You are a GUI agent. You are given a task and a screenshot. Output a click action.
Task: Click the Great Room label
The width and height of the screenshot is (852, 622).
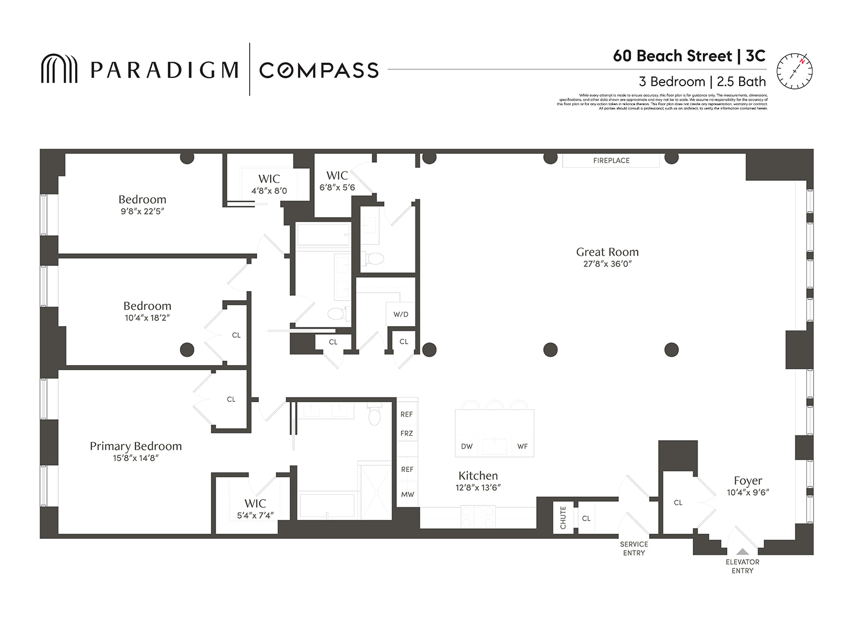pyautogui.click(x=607, y=252)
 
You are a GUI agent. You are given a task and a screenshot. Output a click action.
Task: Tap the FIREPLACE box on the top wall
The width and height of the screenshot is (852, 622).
pyautogui.click(x=611, y=160)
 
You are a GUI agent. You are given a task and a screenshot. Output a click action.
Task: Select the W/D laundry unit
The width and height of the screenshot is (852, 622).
pyautogui.click(x=400, y=314)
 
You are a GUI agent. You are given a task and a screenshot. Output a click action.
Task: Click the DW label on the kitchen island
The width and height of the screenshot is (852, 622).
pyautogui.click(x=466, y=446)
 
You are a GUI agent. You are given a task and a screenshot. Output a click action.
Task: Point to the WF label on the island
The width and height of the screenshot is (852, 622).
pyautogui.click(x=522, y=446)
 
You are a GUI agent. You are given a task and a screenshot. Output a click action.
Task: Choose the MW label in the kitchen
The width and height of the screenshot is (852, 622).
pyautogui.click(x=407, y=494)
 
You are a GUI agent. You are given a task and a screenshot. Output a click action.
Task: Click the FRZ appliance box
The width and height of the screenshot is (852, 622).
pyautogui.click(x=407, y=433)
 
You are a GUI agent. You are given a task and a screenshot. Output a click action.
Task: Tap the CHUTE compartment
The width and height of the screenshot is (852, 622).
pyautogui.click(x=563, y=517)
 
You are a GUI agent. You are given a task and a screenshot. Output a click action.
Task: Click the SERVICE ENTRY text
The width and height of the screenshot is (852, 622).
pyautogui.click(x=634, y=549)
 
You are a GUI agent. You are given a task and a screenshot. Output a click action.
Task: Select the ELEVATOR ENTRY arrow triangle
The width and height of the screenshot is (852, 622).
pyautogui.click(x=742, y=552)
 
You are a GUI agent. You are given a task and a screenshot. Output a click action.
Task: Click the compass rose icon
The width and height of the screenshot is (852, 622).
pyautogui.click(x=794, y=71)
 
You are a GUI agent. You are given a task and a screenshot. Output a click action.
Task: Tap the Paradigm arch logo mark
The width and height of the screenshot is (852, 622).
pyautogui.click(x=59, y=69)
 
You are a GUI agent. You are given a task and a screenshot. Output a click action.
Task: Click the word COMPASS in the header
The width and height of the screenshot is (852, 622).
pyautogui.click(x=318, y=70)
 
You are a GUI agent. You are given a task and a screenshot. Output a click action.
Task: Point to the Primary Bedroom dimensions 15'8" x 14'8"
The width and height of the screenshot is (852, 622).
pyautogui.click(x=136, y=458)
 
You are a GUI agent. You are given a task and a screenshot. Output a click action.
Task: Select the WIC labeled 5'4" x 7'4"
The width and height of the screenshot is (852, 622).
pyautogui.click(x=255, y=508)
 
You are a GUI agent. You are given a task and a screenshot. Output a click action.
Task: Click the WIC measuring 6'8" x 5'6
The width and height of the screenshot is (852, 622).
pyautogui.click(x=337, y=181)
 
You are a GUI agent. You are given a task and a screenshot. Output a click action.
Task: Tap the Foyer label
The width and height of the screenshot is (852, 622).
pyautogui.click(x=748, y=480)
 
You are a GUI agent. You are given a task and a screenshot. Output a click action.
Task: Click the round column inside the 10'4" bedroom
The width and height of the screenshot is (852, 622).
pyautogui.click(x=187, y=350)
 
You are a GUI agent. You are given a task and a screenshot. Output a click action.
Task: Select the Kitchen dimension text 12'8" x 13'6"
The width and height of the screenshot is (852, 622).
pyautogui.click(x=478, y=487)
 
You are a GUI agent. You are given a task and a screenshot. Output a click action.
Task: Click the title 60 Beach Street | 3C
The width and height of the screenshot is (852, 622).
pyautogui.click(x=689, y=56)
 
